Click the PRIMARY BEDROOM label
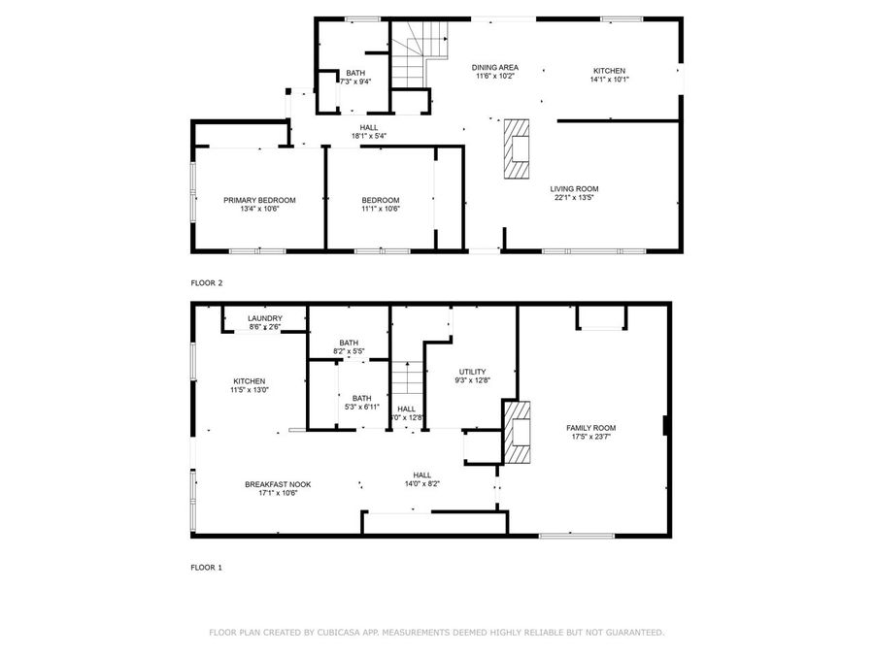coord(259,200)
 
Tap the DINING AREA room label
coord(495,67)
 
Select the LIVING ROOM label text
coord(574,189)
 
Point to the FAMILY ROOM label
coord(591,428)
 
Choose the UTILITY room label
coord(473,372)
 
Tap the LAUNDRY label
coord(264,318)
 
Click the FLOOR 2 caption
coord(207,283)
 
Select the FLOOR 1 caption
coord(207,567)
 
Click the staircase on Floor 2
coord(412,62)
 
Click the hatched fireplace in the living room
coord(518,148)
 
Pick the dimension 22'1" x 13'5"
coord(574,198)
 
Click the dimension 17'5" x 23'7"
coord(591,437)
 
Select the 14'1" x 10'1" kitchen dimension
coord(609,80)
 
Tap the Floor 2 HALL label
coord(369,126)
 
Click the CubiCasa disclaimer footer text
coord(437,633)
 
